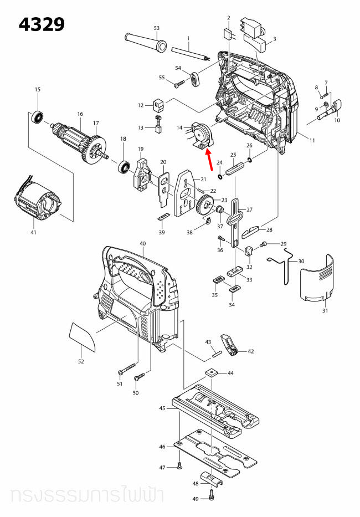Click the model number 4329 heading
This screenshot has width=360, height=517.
click(42, 24)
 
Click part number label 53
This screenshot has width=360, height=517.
click(156, 28)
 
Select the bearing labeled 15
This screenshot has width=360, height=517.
click(38, 117)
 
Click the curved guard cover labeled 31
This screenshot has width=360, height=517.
click(317, 280)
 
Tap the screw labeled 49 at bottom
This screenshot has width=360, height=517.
click(212, 492)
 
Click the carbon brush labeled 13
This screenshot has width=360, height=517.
click(157, 128)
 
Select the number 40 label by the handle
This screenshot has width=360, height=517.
click(142, 244)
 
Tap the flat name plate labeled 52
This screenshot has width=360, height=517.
click(83, 337)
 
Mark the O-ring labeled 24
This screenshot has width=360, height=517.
click(220, 177)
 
